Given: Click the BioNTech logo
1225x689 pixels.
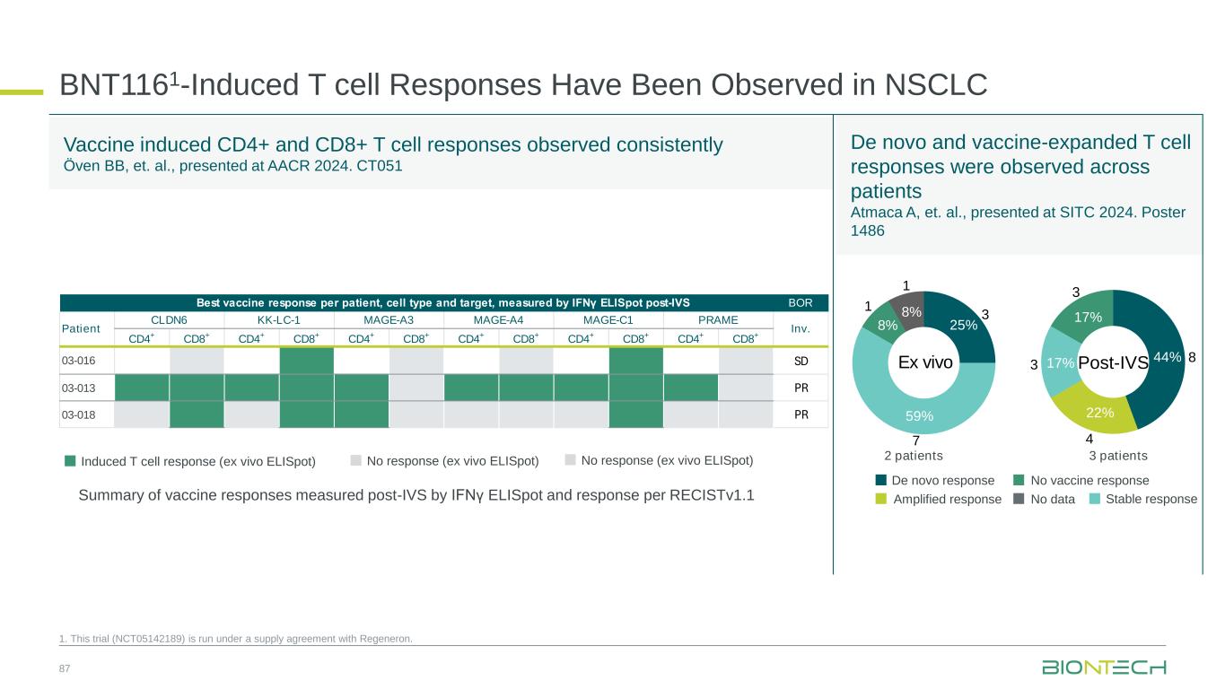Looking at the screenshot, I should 1103,667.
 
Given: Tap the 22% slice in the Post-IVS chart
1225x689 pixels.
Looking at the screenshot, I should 1099,412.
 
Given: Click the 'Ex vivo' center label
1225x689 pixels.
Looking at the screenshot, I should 924,362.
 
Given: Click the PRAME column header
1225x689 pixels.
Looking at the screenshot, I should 718,319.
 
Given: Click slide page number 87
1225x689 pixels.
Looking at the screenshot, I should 65,669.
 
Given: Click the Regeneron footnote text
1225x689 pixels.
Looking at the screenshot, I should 236,639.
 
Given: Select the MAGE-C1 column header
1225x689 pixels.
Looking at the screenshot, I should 608,319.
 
